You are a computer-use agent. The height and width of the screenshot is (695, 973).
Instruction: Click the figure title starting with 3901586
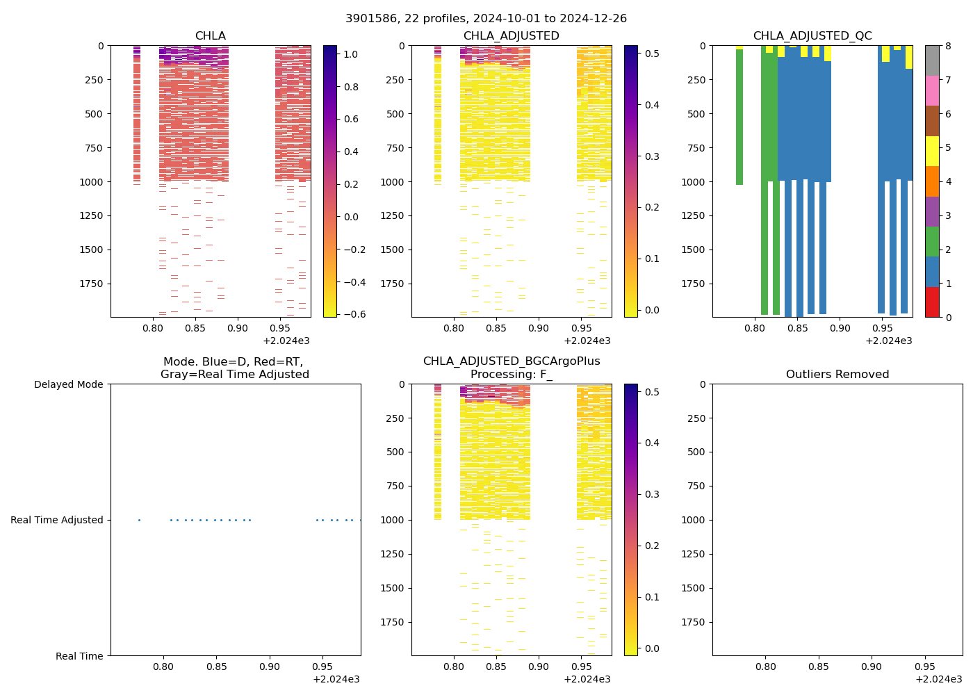486,19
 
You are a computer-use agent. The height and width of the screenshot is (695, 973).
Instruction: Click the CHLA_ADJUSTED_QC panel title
812,36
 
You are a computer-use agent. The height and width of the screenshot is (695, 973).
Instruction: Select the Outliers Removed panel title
837,375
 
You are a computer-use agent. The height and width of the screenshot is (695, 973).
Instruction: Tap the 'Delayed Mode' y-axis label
68,384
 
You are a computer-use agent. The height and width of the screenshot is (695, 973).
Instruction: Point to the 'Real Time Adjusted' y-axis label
56,520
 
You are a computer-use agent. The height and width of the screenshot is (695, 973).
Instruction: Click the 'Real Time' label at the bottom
79,656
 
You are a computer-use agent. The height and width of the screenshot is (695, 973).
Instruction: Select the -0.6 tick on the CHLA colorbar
351,314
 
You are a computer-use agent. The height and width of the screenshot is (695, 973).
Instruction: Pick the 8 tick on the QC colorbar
949,46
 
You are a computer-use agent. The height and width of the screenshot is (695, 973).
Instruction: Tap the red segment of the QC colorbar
932,302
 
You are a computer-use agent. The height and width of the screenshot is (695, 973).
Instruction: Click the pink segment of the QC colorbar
932,91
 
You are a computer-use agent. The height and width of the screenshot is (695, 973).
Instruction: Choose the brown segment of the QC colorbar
932,121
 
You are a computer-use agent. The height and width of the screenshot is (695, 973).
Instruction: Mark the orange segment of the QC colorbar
932,181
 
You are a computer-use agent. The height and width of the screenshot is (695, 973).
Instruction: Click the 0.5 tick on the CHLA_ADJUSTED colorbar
652,54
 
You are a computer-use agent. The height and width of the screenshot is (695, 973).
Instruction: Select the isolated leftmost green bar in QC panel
739,117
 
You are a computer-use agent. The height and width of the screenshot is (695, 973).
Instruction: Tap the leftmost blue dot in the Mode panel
139,520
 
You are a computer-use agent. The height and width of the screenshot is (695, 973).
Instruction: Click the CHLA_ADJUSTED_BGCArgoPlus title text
511,361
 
